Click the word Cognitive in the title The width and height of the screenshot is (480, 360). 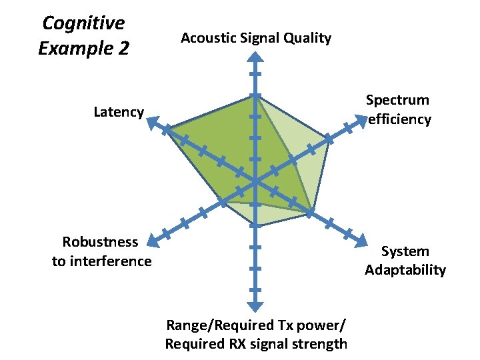click(83, 23)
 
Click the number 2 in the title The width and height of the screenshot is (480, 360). click(123, 49)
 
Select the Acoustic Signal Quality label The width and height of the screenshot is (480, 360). click(256, 38)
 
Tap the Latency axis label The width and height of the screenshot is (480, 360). click(119, 112)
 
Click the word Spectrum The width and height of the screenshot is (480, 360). click(397, 100)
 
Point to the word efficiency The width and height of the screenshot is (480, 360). click(399, 119)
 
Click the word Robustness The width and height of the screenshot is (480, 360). click(100, 241)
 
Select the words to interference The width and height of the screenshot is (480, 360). click(102, 261)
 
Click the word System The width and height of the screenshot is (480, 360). click(405, 251)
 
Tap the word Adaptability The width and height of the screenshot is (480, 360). click(405, 270)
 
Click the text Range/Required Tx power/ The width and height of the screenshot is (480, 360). click(256, 325)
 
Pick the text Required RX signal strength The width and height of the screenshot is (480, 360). click(256, 344)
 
